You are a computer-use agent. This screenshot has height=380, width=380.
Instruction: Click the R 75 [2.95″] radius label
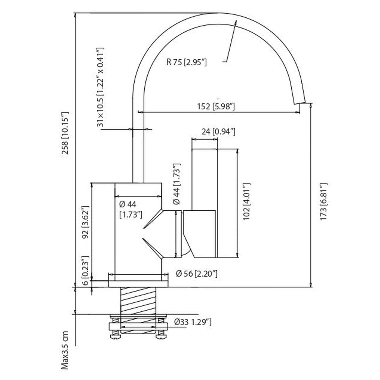186,62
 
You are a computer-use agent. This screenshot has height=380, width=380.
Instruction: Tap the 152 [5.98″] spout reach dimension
216,107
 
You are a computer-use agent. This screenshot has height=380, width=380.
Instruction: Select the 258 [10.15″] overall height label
65,133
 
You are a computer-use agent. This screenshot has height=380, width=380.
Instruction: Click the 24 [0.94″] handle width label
218,131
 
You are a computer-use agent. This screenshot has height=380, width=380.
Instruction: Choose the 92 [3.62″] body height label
85,222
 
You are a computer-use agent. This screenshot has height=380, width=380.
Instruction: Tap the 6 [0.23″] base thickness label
85,271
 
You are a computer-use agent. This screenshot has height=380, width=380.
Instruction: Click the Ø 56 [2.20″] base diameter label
197,274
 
